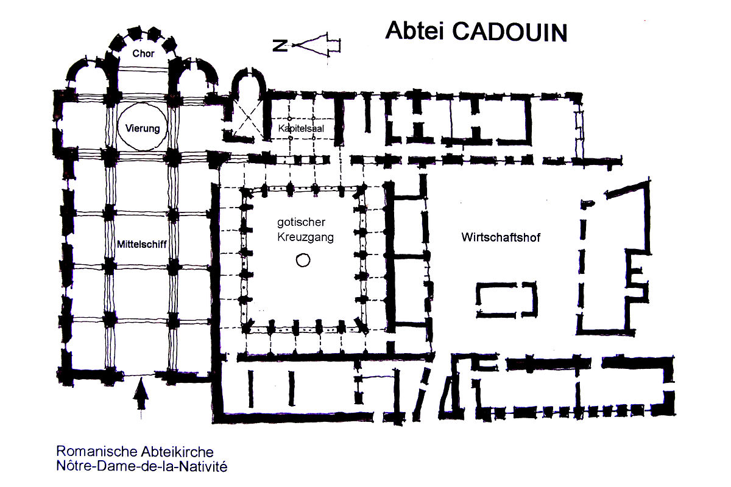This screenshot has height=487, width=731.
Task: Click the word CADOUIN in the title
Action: pos(510,32)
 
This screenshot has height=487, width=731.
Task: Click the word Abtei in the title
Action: pos(414,30)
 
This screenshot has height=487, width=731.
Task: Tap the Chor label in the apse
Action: pos(143,53)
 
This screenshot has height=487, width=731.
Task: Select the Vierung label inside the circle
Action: pos(143,128)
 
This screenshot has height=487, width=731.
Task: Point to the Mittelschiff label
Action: pos(141,244)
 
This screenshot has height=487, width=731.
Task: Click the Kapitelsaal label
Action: pos(301,128)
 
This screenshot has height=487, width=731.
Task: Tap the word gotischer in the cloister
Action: pos(301,222)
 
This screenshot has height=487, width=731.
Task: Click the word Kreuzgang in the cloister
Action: pos(305,237)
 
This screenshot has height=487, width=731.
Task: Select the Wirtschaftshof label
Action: pos(501,237)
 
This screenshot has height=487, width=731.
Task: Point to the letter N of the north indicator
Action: pos(280,45)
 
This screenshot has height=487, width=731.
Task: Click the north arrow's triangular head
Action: pos(310,44)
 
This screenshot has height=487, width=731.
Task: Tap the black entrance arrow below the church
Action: pos(141,393)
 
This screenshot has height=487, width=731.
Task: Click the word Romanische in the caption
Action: pos(97,452)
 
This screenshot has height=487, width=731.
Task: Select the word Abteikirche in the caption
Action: pos(177,452)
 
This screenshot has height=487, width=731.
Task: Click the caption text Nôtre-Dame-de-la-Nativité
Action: pos(141,466)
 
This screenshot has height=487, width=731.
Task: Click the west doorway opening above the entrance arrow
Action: pos(139,374)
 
